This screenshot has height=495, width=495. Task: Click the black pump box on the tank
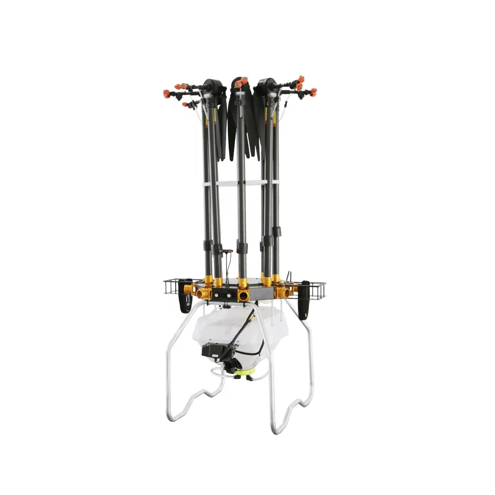(x=213, y=350)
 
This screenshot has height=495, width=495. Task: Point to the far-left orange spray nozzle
(x=167, y=94)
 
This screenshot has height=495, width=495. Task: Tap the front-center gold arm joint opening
(x=243, y=296)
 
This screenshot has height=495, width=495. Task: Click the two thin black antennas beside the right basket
(x=288, y=275)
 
